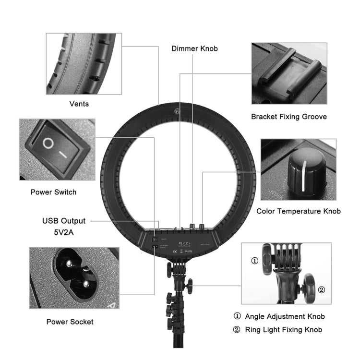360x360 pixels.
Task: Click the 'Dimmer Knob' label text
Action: [x=194, y=48]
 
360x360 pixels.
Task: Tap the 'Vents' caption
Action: [x=79, y=104]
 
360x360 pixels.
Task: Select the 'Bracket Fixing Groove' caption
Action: [x=289, y=117]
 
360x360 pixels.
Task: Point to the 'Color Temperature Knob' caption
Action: [x=299, y=211]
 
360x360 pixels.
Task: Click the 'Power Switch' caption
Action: [x=53, y=192]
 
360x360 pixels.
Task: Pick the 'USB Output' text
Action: [x=64, y=221]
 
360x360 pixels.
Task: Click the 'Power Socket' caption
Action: [x=70, y=322]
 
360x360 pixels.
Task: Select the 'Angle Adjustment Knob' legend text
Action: [x=285, y=316]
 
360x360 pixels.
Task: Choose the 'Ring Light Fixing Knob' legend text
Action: [x=284, y=329]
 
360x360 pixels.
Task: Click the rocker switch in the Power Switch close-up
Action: [x=56, y=147]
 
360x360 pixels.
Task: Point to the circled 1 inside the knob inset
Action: [x=255, y=261]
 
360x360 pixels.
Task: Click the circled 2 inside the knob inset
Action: [x=321, y=289]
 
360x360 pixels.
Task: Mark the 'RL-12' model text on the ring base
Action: [x=183, y=243]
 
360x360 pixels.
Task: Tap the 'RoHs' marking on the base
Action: [x=188, y=251]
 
